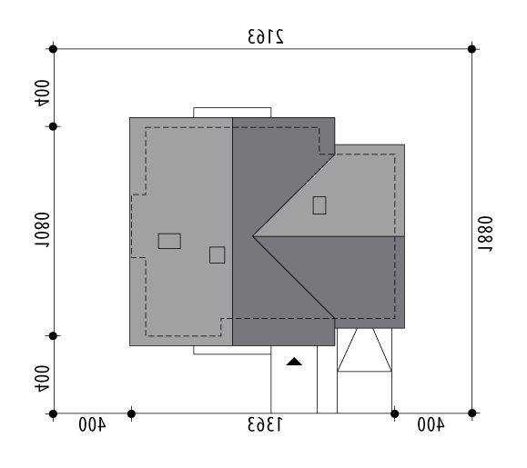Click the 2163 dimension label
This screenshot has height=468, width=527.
pos(266,36)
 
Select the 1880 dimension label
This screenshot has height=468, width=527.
pos(485,234)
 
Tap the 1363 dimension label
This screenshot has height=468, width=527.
pos(265,424)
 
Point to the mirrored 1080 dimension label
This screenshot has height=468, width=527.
pos(42,230)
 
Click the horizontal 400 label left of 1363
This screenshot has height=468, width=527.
pos(92,424)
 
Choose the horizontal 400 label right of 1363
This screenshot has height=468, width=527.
pos(431,424)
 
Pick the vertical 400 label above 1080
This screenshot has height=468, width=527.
pos(42,94)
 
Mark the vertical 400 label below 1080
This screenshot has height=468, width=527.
pos(42,379)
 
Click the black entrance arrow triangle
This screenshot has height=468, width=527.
pos(294,362)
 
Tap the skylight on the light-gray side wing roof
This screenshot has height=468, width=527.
pos(319,205)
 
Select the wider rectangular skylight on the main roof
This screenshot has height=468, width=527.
pos(169,241)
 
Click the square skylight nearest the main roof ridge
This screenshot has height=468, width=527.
pos(218,255)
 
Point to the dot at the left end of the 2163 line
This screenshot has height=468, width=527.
pos(53,49)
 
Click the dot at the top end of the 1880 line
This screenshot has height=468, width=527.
pos(471,49)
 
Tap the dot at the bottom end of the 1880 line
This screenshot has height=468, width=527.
pos(471,413)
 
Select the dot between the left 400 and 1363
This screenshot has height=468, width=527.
pos(131,414)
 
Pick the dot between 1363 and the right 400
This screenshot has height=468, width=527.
pos(395,414)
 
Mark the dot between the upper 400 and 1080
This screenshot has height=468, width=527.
pos(53,126)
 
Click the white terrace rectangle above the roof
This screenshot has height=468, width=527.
pos(232,113)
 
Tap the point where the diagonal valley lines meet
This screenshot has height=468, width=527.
pos(253,236)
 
